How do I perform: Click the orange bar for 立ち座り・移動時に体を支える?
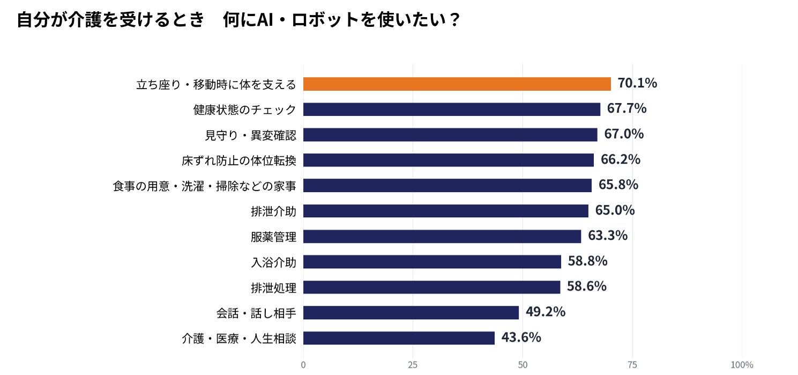coord(457,84)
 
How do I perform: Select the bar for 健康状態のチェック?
coord(452,109)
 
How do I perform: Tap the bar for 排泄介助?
coord(446,211)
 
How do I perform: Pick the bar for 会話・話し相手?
coord(411,313)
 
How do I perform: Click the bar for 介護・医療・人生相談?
coord(399,338)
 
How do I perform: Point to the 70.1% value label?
coord(637,83)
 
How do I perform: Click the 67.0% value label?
coord(624,134)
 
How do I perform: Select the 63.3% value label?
coord(607,236)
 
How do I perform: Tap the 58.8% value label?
coord(587,261)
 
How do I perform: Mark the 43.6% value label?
coord(521,337)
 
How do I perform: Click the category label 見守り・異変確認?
coord(250,135)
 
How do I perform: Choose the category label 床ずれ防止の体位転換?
coord(239,161)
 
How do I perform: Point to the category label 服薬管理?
coord(274,237)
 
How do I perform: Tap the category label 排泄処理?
coord(274,288)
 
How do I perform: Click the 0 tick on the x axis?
coord(303,365)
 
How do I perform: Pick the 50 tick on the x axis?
coord(523,365)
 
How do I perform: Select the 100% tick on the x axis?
coord(742,365)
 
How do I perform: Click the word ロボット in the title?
coord(325,20)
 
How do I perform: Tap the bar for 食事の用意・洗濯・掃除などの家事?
coord(448,186)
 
